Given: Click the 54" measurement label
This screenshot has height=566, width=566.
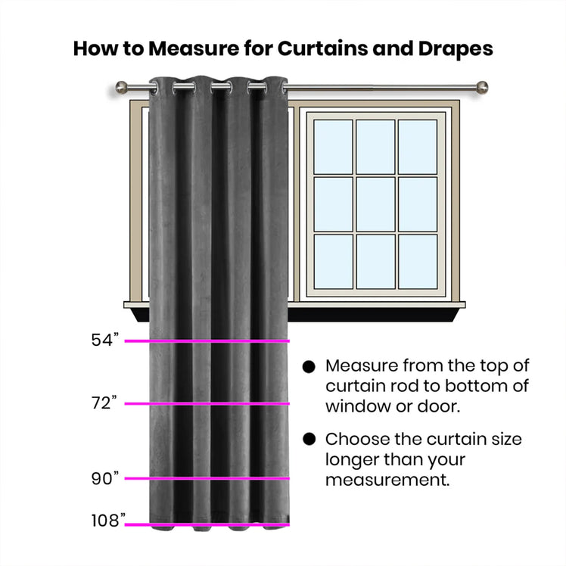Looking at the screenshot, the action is [x=104, y=340].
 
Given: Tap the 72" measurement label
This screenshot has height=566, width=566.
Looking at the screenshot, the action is [x=104, y=403].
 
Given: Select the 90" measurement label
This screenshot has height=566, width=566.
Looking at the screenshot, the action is [x=104, y=478].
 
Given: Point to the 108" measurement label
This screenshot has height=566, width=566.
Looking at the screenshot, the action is [x=108, y=521].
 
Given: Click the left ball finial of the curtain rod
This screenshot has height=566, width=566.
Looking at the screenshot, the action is [x=121, y=87].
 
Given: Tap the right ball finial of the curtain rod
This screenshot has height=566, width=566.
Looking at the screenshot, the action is [x=482, y=87].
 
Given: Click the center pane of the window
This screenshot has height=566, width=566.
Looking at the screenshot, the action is [x=375, y=204].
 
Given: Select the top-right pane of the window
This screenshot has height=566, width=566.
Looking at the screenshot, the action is [x=418, y=147].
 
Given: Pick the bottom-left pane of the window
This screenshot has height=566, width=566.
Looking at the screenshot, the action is [x=333, y=261].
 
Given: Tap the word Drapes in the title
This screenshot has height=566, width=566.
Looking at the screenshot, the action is [x=456, y=49].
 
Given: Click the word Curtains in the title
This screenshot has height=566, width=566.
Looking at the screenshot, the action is [x=322, y=48].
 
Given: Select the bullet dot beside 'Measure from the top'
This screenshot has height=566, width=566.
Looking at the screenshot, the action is [x=309, y=367].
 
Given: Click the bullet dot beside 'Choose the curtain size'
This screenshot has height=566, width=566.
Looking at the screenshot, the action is [x=309, y=440].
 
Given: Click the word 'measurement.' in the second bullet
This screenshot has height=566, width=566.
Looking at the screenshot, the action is [x=387, y=480].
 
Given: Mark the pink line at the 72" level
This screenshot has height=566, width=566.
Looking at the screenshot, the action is [x=207, y=403].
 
